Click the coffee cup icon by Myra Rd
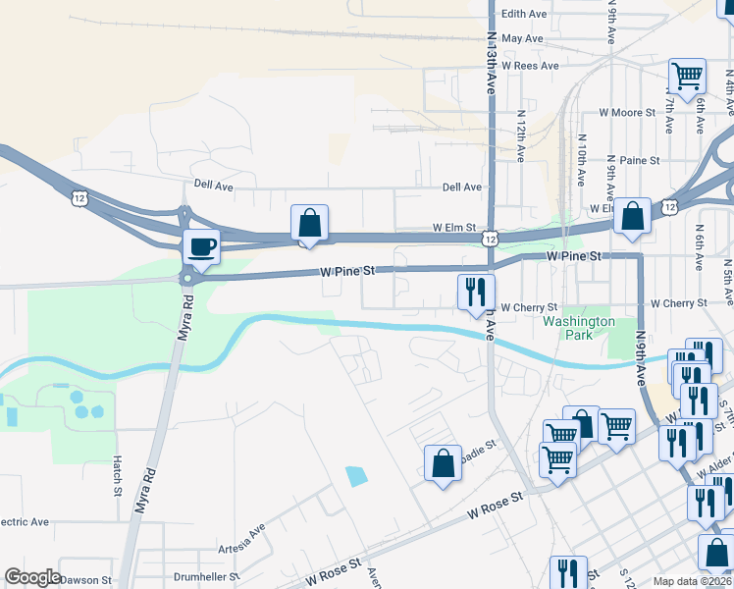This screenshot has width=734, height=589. [x=202, y=247]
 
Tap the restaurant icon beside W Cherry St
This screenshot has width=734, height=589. [x=476, y=292]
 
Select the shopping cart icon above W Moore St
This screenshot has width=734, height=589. [x=687, y=75]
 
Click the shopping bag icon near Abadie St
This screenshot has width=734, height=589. [x=443, y=462]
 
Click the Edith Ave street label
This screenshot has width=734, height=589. [x=523, y=14]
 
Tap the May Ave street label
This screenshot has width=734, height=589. [x=521, y=38]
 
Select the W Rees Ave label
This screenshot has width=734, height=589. [x=530, y=66]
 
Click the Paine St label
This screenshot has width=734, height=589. [x=640, y=160]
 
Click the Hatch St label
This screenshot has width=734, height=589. [x=116, y=475]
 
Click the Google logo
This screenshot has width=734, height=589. [x=32, y=577]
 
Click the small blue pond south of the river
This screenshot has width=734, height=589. [x=355, y=477]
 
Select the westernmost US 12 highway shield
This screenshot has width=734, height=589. [x=79, y=198]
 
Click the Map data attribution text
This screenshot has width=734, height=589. [x=693, y=581]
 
